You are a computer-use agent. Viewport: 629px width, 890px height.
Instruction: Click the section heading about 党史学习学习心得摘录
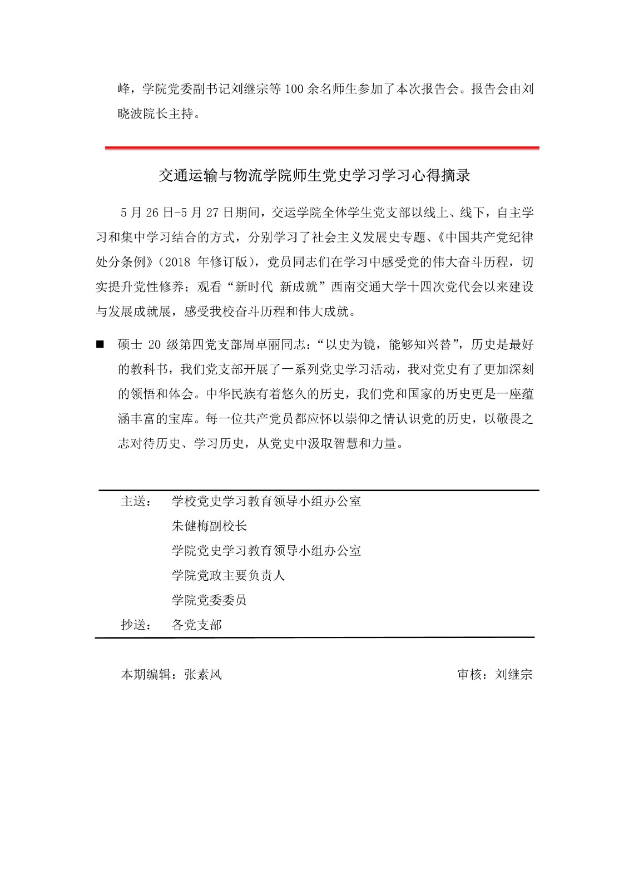click(x=314, y=176)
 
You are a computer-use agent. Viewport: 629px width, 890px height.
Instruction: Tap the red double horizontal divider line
click(x=322, y=148)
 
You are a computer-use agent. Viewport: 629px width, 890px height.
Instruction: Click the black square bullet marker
click(x=100, y=345)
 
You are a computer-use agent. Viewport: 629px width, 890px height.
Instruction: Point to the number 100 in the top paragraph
click(x=294, y=90)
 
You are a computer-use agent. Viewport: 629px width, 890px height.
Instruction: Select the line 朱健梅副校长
click(x=209, y=526)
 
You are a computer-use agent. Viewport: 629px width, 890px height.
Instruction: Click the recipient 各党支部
click(x=197, y=625)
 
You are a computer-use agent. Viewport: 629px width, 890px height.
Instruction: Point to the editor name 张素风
click(x=203, y=675)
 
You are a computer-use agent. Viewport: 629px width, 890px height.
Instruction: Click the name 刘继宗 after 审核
click(x=514, y=675)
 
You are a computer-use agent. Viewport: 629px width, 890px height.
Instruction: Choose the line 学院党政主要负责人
click(x=228, y=576)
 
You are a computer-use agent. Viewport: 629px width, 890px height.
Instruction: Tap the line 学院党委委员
click(x=209, y=600)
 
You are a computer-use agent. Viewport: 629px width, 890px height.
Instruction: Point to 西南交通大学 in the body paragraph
click(x=368, y=288)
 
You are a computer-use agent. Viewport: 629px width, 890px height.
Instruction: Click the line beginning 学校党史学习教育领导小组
click(x=266, y=502)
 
